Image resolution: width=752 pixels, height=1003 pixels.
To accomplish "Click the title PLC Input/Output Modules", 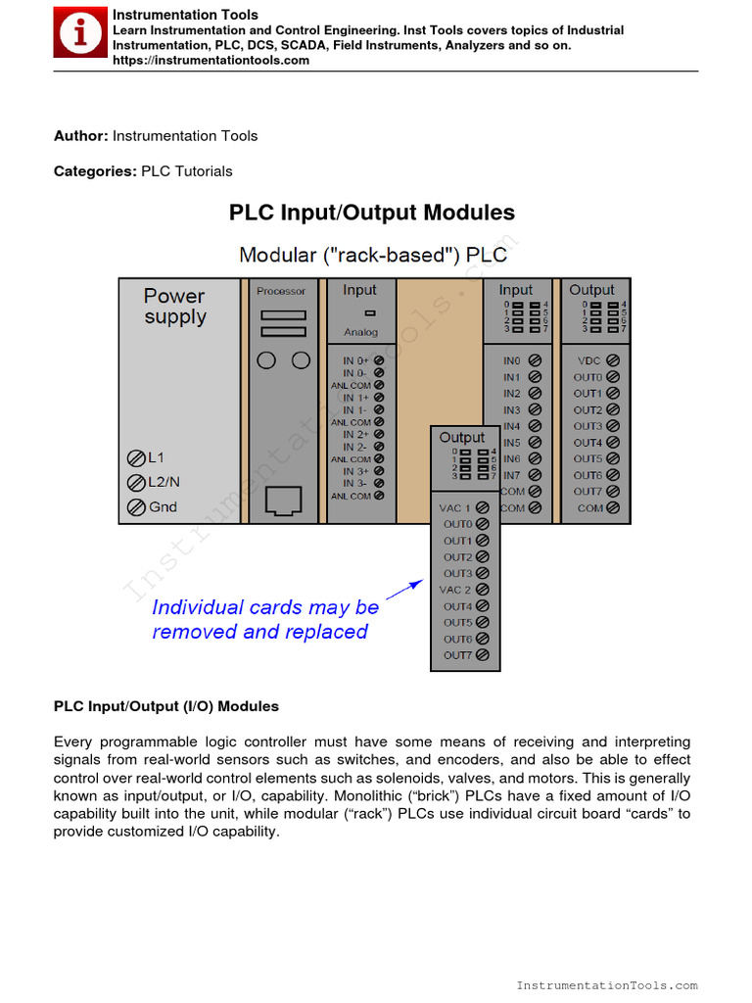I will coord(372,213).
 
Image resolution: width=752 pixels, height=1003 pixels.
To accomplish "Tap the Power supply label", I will coord(175,307).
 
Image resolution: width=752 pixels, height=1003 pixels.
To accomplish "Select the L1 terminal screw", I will coord(137,458).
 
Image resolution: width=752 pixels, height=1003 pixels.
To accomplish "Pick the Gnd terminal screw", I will coord(137,507).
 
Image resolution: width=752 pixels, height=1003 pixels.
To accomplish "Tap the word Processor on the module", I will coord(281,291).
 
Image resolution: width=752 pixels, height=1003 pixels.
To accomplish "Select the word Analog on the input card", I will coord(360,332).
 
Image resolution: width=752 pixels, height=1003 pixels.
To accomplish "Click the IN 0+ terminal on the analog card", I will coord(379,361).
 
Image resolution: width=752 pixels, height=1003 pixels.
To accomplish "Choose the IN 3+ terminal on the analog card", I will coord(379,471).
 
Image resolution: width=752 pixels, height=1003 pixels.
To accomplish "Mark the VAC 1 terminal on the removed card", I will coord(484,508).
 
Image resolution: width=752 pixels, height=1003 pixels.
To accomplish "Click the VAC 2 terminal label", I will coord(455,590).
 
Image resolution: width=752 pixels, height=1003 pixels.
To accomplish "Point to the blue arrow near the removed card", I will coord(404,589).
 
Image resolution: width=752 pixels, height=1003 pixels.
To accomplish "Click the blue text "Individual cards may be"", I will coord(265,607).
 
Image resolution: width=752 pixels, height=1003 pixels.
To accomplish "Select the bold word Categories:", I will coord(95,171).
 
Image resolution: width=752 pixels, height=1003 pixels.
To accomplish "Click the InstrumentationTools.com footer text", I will coord(606,985).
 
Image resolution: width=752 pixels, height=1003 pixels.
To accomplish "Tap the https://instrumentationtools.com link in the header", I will coord(211,61).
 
